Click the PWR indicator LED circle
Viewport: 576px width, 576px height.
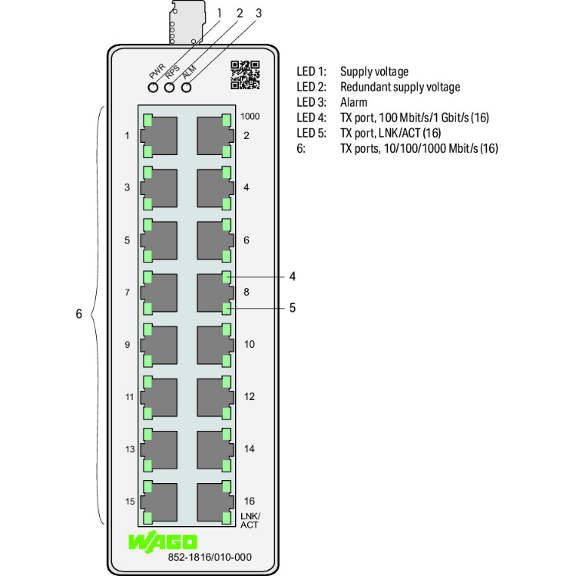(x=154, y=87)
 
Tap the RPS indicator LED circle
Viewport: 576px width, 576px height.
(x=170, y=87)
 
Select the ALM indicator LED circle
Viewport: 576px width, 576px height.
(x=185, y=87)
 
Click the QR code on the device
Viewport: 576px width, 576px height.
(x=245, y=75)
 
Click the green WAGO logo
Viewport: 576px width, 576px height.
(x=163, y=541)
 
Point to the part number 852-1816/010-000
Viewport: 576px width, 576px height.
(x=210, y=558)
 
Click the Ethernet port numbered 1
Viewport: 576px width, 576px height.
(x=159, y=136)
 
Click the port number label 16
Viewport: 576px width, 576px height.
(x=249, y=501)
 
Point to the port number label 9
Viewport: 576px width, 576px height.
(x=127, y=345)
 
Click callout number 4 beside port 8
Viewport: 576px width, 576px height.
(x=292, y=276)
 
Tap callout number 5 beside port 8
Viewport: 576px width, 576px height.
(x=292, y=308)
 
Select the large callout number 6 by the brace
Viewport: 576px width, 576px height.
(x=78, y=314)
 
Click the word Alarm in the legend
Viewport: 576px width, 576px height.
(x=353, y=102)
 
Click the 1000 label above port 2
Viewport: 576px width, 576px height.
(x=250, y=117)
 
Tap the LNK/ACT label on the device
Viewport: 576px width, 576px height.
(x=250, y=520)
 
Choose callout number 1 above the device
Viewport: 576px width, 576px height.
(x=219, y=13)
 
